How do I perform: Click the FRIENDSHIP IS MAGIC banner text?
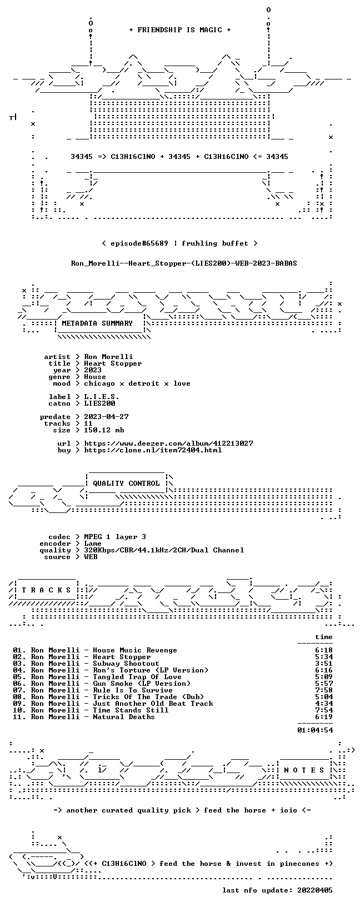180,30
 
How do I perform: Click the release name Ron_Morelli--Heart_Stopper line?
184,263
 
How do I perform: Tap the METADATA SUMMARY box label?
97,323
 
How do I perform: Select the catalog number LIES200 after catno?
99,403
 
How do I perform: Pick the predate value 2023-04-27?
106,417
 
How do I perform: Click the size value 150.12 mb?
104,430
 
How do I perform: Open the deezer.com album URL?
168,443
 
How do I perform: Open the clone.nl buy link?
153,450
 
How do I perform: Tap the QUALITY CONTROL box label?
126,483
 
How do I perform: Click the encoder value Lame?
93,544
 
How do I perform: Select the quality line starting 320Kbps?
164,550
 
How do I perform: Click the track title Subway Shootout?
126,663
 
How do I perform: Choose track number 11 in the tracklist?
19,717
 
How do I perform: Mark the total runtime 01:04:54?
315,730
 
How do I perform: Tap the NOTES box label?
304,770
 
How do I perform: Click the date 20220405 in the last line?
315,890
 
